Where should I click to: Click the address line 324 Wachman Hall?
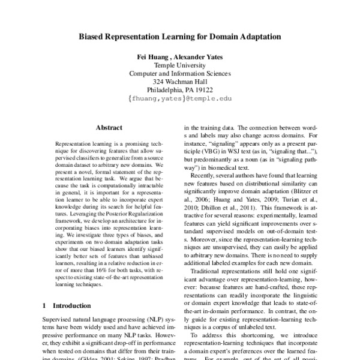(180, 82)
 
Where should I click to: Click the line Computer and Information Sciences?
(180, 73)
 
